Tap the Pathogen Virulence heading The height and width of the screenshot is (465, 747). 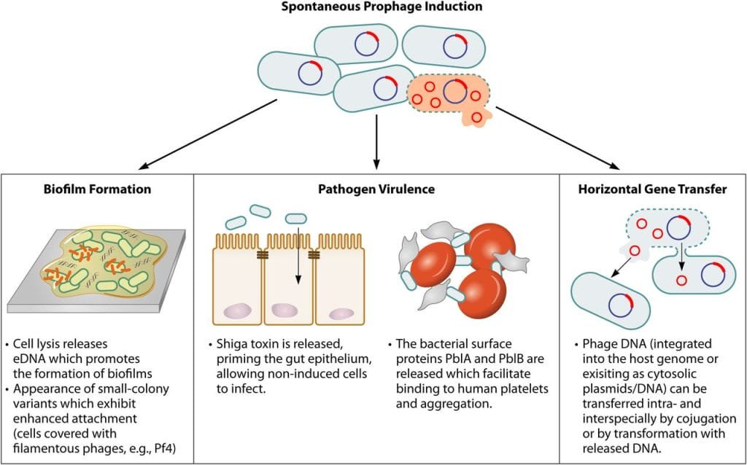(376, 189)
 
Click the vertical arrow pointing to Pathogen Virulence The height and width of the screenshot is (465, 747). (376, 138)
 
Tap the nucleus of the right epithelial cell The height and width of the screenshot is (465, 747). (340, 313)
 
